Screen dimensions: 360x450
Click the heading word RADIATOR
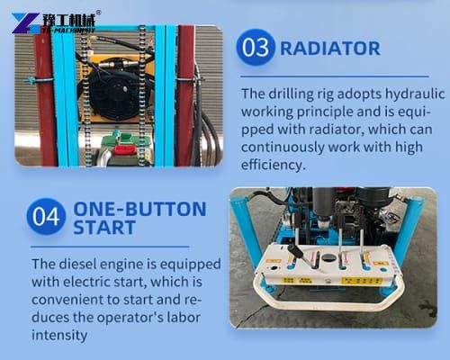pos(330,49)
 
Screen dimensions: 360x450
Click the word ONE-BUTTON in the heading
pos(139,209)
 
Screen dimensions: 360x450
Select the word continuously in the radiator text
pos(289,148)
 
